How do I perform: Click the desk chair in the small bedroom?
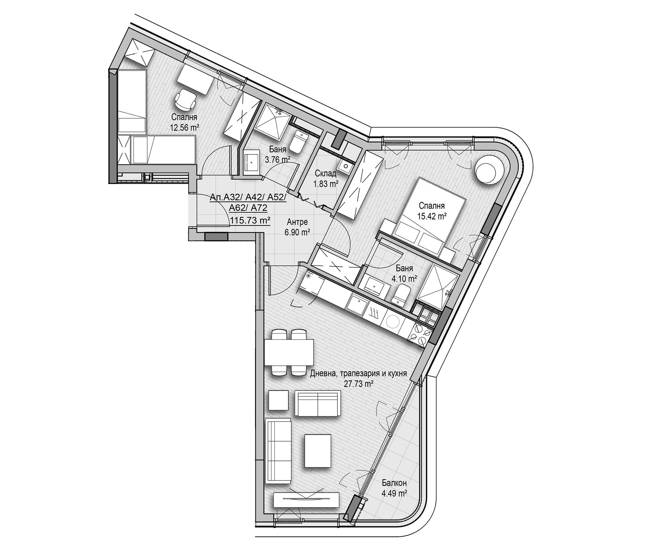(x=186, y=99)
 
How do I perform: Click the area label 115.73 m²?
(x=250, y=220)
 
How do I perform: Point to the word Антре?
(x=297, y=222)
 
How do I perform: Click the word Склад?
(x=325, y=173)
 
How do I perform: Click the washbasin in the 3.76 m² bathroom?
(x=252, y=161)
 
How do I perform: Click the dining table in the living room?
(x=289, y=352)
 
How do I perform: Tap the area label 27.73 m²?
(x=359, y=384)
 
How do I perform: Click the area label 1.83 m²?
(x=326, y=184)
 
